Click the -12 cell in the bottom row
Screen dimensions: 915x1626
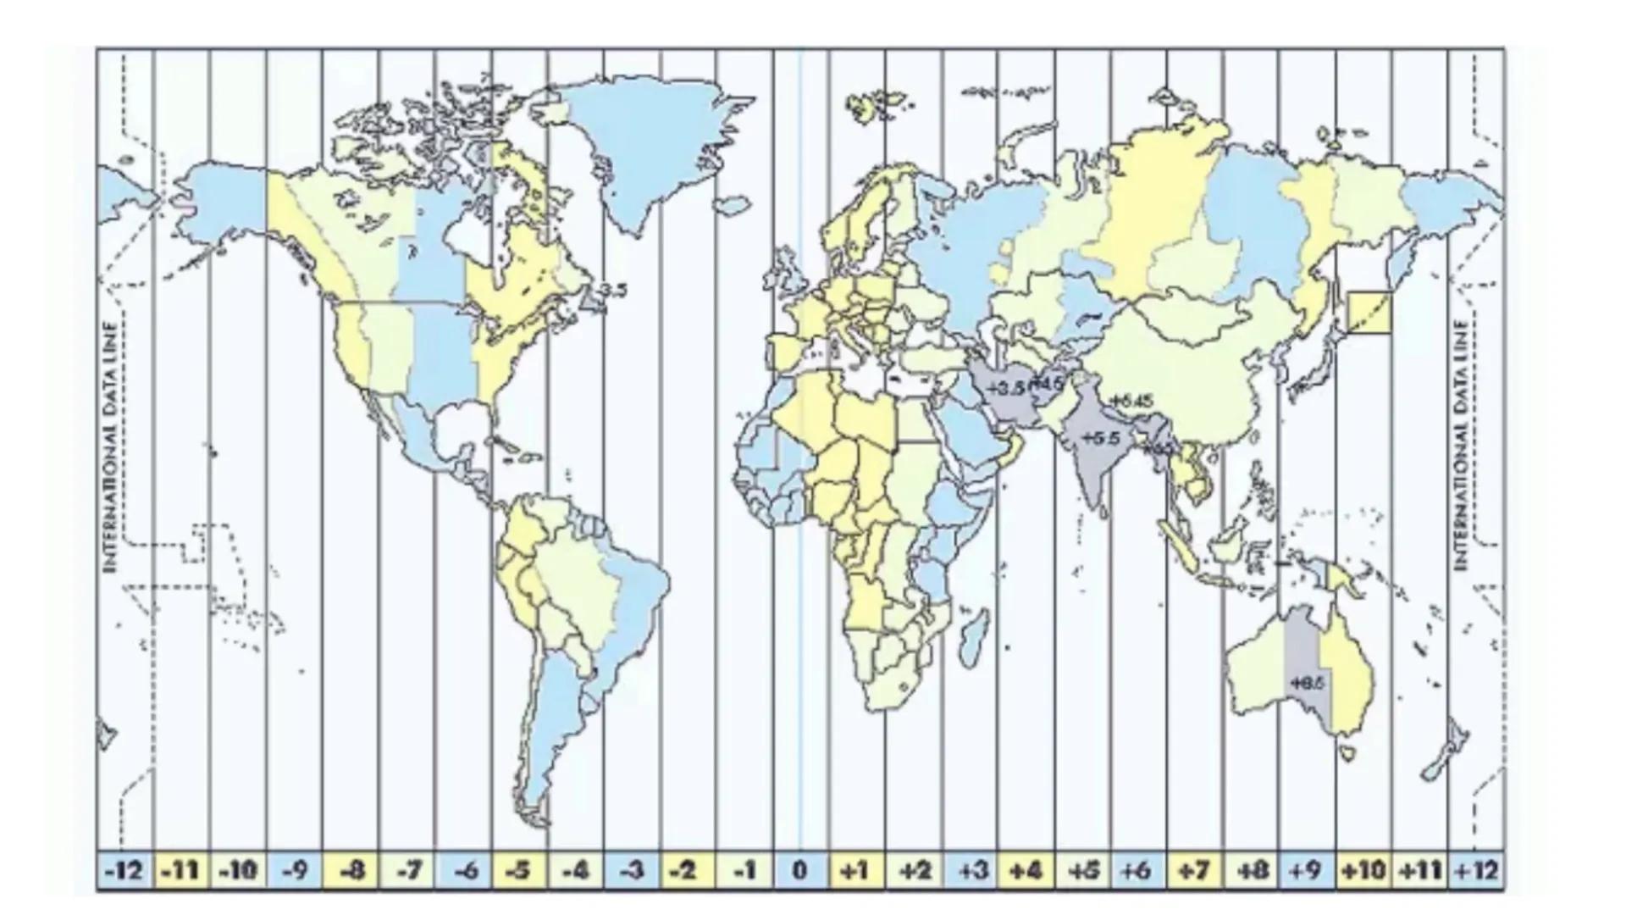(125, 871)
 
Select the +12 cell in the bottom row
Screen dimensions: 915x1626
(1476, 871)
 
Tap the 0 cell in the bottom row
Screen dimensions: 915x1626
(799, 871)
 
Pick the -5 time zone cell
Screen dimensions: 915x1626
(519, 871)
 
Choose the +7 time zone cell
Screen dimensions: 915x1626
(1194, 871)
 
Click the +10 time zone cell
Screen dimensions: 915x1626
(1363, 871)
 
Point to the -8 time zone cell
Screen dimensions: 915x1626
(351, 871)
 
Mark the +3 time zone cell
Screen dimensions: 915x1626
(970, 871)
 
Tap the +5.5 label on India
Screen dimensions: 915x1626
(1101, 439)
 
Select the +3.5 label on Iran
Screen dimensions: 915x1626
(1006, 387)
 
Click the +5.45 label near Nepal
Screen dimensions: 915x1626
(1131, 401)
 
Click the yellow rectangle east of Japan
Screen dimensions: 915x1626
(1369, 313)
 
